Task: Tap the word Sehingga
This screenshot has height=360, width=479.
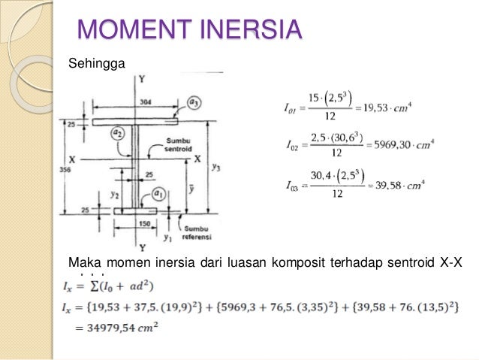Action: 92,62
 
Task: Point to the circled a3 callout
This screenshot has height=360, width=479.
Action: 194,103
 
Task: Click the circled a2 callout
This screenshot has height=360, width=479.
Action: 118,133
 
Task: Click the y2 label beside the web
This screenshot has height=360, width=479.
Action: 115,194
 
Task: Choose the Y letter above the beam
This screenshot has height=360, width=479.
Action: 140,79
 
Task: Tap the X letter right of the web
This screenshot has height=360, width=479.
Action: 197,159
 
